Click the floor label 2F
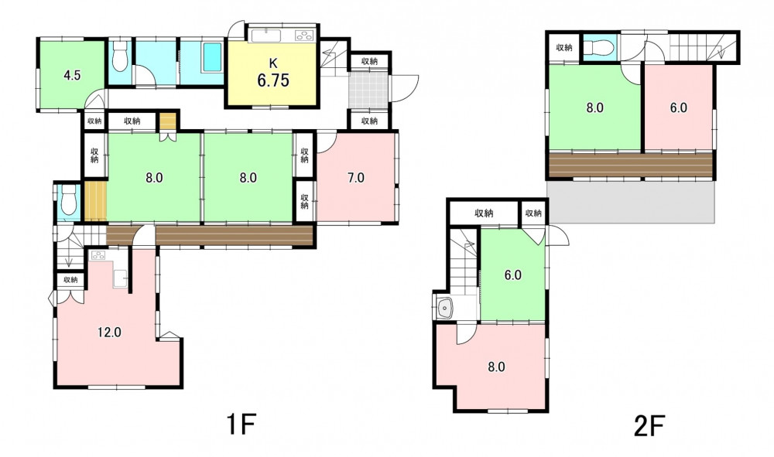coord(649,425)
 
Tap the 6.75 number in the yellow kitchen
coord(273,80)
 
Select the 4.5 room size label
coord(72,76)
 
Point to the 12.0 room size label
coord(109,333)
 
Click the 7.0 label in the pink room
coord(355,178)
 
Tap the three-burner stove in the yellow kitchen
coord(304,36)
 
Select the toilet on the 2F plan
coord(600,48)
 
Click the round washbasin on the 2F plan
coord(445,309)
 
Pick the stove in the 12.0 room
coord(97,255)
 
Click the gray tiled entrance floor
coord(368,90)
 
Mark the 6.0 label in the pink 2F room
coord(679,108)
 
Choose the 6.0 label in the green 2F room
coord(513,275)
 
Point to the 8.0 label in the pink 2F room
coord(496,367)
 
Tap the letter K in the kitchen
coord(273,63)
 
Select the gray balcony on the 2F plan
coord(632,201)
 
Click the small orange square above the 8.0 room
coord(168,121)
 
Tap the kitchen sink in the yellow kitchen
coord(266,36)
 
